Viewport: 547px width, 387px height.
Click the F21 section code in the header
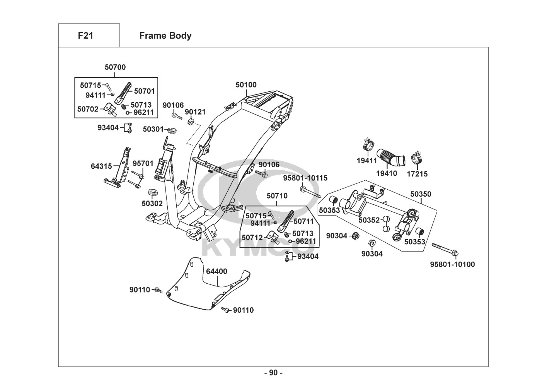85,36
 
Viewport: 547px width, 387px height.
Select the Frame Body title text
165,36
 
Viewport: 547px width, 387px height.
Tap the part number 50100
246,85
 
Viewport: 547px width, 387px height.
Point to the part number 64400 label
216,271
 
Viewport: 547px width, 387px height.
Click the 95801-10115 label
305,178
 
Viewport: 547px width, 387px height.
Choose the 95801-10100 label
452,265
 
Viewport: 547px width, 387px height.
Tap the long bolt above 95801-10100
445,250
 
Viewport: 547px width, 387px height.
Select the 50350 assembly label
421,194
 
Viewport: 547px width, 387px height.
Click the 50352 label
369,220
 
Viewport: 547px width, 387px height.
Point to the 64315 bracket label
101,166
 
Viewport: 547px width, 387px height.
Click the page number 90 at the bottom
273,373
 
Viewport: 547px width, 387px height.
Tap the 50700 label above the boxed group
115,67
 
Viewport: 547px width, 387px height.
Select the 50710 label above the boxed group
277,196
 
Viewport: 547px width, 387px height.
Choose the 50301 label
153,129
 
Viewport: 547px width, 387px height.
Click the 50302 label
152,204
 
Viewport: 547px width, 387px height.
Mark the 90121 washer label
195,112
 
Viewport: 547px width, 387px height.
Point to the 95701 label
143,164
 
